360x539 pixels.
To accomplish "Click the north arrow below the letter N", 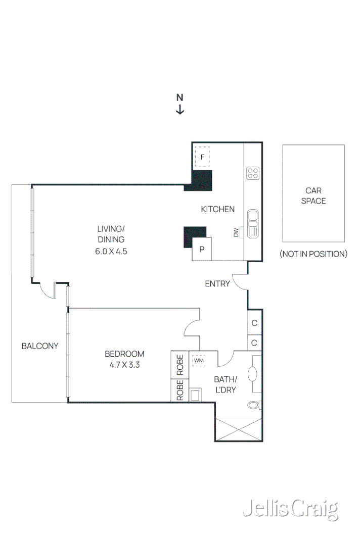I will (x=180, y=110).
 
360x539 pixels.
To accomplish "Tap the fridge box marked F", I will (x=202, y=157).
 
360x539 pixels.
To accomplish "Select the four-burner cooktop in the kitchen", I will (x=253, y=173).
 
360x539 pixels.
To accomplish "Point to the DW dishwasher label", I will (x=236, y=233).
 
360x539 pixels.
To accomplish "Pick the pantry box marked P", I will (x=202, y=249).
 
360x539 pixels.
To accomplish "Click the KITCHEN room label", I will (x=218, y=209).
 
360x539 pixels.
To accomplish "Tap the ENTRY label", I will (x=217, y=284).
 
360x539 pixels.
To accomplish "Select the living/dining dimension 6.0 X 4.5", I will (x=111, y=251).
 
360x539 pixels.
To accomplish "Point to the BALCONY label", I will (x=40, y=346).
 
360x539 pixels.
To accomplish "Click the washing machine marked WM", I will (x=198, y=361).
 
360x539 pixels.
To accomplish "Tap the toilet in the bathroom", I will (x=254, y=405).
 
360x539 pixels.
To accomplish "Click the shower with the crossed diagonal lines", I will (x=238, y=429).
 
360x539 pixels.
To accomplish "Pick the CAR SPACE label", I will (x=313, y=196).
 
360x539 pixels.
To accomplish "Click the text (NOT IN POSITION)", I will (x=313, y=254).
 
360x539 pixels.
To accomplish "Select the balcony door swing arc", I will (x=49, y=291).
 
